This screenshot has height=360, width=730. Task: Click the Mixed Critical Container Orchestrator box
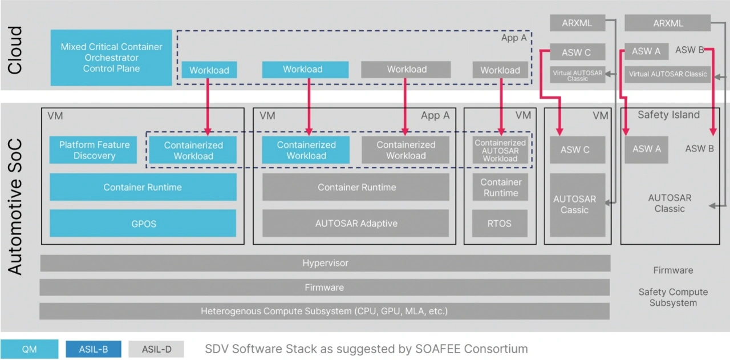click(111, 58)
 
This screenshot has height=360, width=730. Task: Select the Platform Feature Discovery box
click(94, 150)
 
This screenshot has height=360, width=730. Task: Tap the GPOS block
click(143, 223)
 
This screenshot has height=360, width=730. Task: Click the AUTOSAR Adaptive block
click(356, 223)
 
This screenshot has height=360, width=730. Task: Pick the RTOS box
click(500, 223)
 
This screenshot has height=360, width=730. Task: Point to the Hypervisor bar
click(325, 263)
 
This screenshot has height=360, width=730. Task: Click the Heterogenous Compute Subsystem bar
click(324, 311)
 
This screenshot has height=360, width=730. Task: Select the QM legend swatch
click(29, 349)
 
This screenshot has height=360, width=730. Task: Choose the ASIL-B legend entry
click(94, 349)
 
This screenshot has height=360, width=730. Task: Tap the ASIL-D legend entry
click(157, 349)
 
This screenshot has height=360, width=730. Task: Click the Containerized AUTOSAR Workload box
click(500, 151)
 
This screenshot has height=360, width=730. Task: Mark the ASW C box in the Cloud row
click(577, 52)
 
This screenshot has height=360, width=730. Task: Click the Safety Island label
click(668, 115)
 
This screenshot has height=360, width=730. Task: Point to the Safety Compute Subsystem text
click(673, 297)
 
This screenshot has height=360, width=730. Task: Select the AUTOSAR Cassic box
click(574, 205)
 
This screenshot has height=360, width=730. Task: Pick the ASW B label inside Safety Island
click(699, 148)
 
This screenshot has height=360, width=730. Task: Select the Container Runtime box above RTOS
click(500, 187)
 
